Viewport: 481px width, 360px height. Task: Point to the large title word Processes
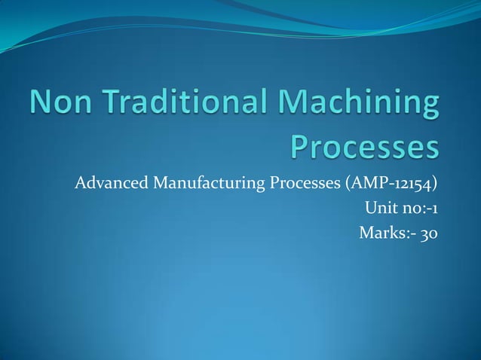click(364, 148)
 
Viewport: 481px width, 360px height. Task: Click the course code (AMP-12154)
click(392, 184)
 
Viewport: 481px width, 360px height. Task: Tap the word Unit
click(379, 208)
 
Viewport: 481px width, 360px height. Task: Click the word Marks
click(379, 232)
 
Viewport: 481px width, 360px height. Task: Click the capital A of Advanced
click(80, 184)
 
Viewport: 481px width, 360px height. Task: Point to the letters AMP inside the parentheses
click(364, 184)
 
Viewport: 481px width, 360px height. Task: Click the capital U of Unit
click(369, 208)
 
